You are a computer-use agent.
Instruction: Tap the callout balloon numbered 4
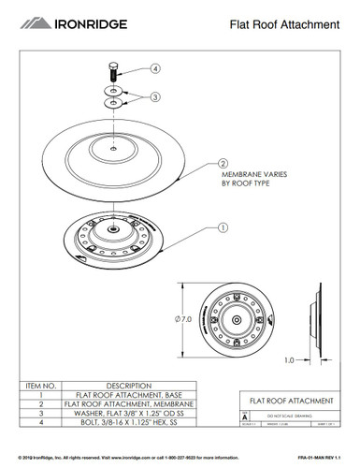tap(155, 67)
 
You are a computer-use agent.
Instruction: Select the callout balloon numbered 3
tap(155, 95)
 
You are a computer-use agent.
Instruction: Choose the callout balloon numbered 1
tap(223, 227)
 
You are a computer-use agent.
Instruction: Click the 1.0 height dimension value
tap(290, 359)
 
